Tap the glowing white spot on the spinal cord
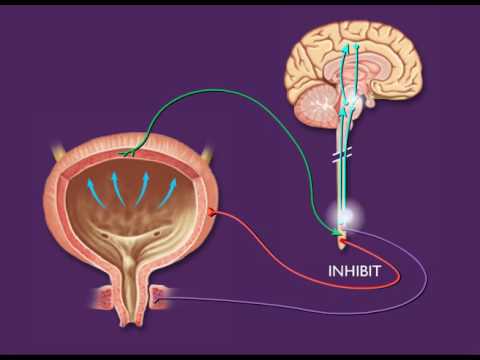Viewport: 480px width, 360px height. [344, 214]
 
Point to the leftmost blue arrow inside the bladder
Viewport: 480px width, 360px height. [91, 185]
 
